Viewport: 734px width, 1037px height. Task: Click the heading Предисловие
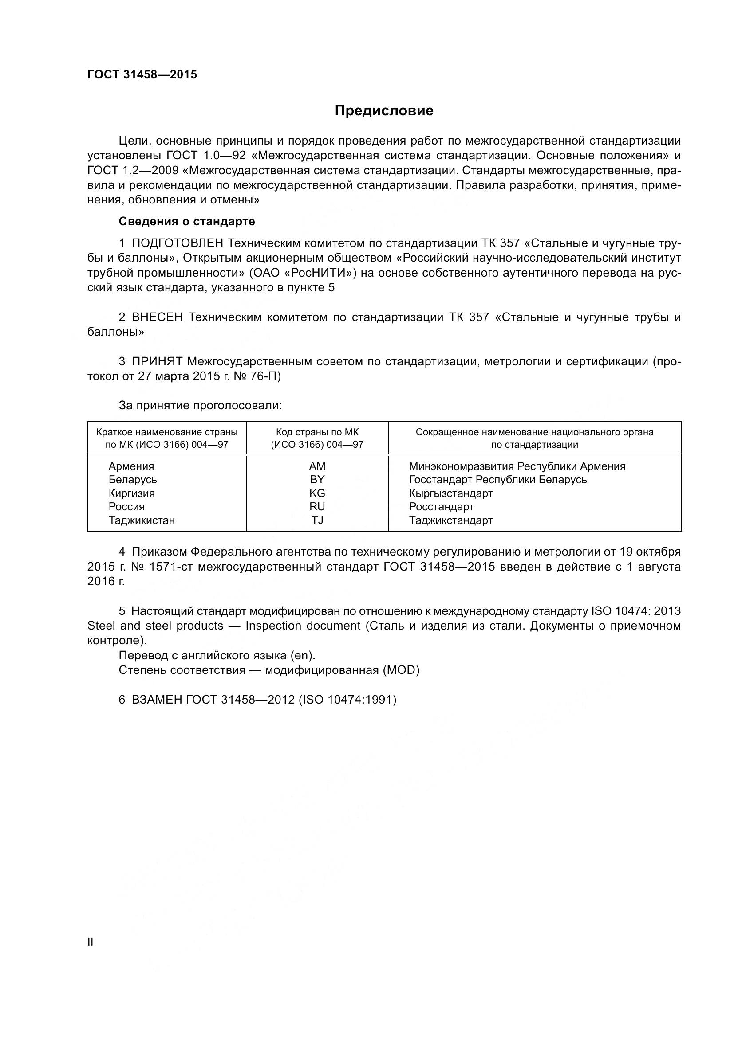(384, 111)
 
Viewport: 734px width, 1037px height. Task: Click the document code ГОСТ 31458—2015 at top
(142, 75)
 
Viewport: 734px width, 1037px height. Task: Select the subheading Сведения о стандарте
(187, 221)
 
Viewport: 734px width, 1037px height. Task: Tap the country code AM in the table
(317, 466)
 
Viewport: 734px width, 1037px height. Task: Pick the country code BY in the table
(317, 479)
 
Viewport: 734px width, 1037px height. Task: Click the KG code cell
(317, 493)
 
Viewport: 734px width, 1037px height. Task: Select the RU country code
(317, 506)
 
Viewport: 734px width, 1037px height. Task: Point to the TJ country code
(317, 520)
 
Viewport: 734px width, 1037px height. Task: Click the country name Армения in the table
(131, 466)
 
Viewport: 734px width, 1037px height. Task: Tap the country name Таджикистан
(142, 520)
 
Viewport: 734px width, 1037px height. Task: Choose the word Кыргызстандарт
(450, 493)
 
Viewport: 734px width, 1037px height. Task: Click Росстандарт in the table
(441, 506)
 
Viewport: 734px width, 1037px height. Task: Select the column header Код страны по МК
(317, 432)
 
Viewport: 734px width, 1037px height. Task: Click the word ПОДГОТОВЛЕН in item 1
(177, 243)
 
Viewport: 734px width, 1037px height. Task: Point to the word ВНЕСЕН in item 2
(157, 317)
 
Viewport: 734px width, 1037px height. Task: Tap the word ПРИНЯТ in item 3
(157, 361)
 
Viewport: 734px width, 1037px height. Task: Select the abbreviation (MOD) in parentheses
(401, 670)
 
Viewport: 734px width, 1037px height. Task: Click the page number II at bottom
(91, 942)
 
